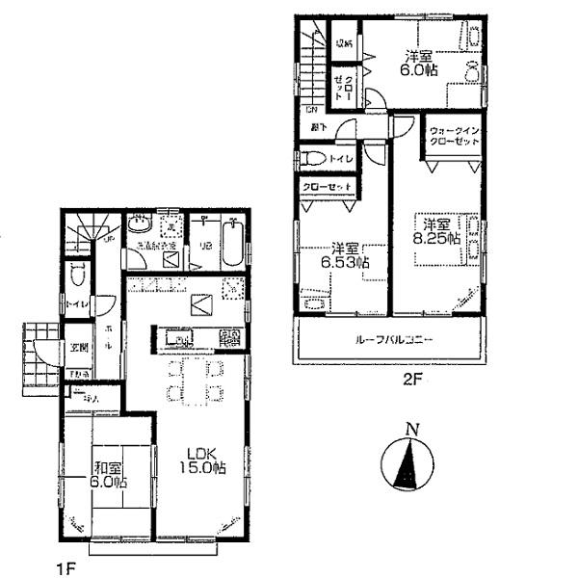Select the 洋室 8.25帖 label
click(437, 225)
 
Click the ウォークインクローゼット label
click(454, 136)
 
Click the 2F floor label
click(412, 380)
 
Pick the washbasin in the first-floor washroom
click(141, 225)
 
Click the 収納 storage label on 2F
click(343, 42)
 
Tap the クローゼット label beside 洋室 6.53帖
click(324, 187)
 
